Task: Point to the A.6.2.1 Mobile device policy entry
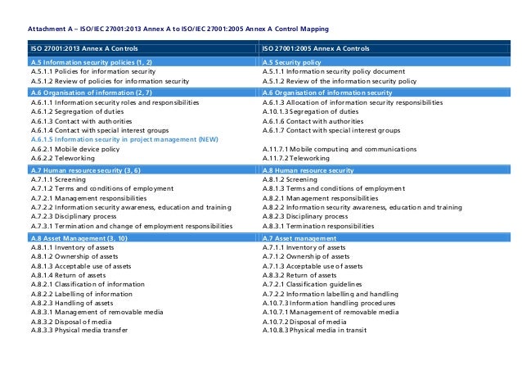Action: [x=79, y=149]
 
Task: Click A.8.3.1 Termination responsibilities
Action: [x=318, y=226]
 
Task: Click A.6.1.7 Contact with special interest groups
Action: [x=331, y=130]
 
